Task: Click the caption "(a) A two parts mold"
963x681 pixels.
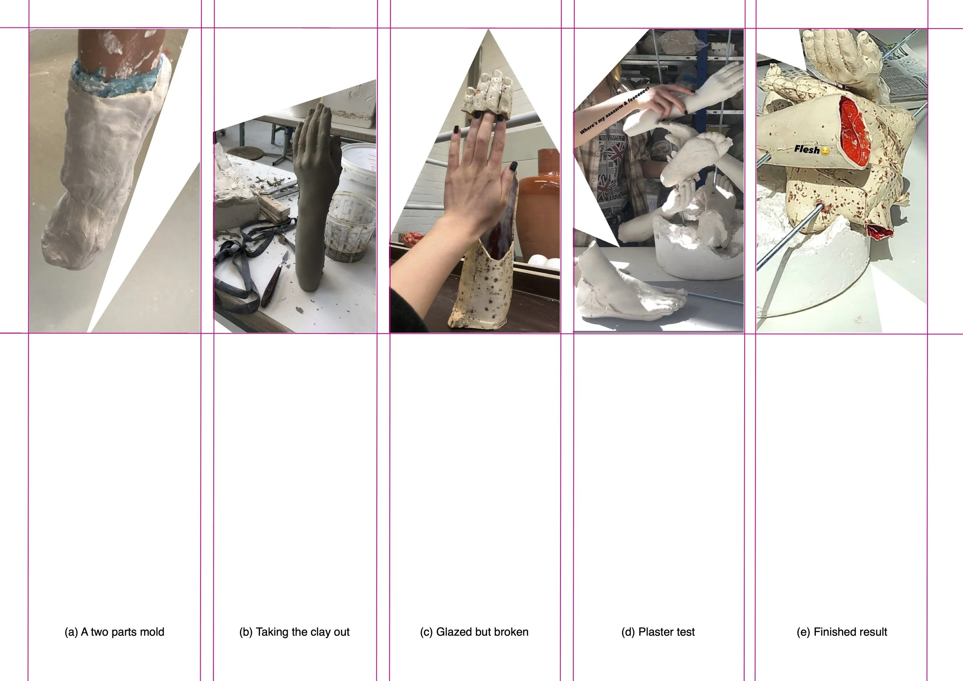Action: [x=114, y=632]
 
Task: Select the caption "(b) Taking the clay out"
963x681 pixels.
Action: [x=294, y=632]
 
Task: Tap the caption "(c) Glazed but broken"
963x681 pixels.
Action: [x=474, y=632]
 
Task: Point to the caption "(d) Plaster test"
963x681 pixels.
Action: [x=658, y=632]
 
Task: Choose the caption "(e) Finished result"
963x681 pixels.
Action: [x=842, y=632]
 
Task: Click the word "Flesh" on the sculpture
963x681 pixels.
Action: [x=807, y=149]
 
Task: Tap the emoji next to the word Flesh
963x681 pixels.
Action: [x=825, y=151]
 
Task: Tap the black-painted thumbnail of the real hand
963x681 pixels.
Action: [x=513, y=167]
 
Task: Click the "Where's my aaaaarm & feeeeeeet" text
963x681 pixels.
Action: [x=614, y=110]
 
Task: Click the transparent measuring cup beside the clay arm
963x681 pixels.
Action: [x=351, y=227]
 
